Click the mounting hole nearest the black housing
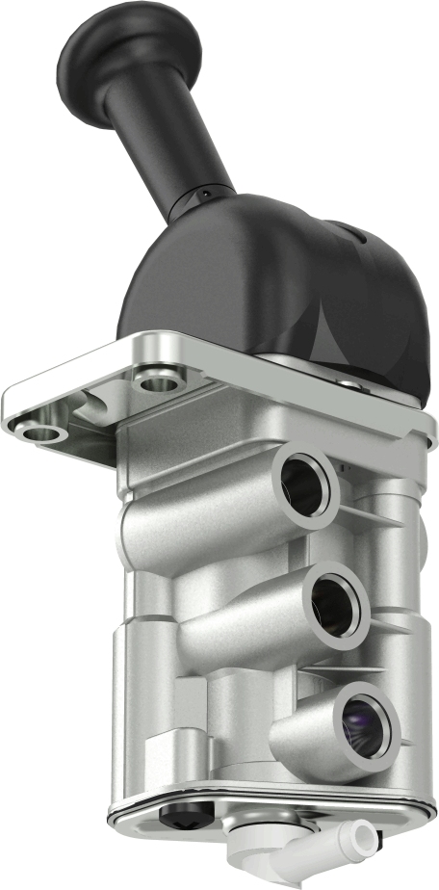pos(158,383)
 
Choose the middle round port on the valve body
pos(334,604)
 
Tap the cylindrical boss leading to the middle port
pos(241,636)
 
